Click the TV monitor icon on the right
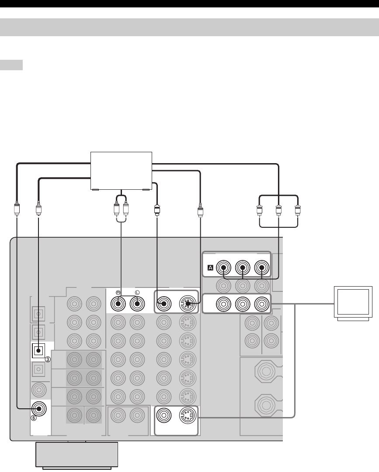(353, 302)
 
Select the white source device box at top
(121, 171)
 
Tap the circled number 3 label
(49, 359)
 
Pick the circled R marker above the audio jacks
(118, 291)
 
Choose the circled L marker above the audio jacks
(137, 291)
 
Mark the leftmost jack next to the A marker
(224, 267)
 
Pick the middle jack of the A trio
(243, 267)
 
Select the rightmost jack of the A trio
(261, 267)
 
